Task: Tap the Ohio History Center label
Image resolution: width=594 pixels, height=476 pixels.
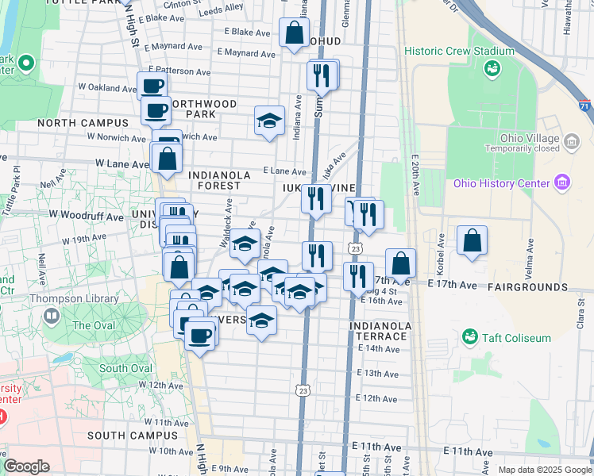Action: coord(501,184)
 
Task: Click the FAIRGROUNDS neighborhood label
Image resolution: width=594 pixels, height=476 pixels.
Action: coord(527,286)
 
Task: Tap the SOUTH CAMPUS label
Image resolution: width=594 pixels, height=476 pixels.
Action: coord(133,436)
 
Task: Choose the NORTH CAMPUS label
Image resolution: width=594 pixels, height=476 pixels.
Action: coord(83,123)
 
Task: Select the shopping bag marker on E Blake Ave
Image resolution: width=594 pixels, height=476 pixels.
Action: coord(294,33)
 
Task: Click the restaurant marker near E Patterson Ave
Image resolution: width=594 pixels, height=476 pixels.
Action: coord(322,75)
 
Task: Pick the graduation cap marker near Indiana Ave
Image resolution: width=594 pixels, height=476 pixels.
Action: coord(269,121)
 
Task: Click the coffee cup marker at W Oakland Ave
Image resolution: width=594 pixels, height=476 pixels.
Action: coord(152,86)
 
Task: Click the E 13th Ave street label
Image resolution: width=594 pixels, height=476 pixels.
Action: coord(377,374)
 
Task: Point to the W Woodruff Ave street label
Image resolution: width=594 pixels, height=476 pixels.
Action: coord(86,215)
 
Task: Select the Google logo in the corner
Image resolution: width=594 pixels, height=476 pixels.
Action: coord(27,466)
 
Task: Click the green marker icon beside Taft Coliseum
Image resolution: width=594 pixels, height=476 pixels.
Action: coord(470,337)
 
